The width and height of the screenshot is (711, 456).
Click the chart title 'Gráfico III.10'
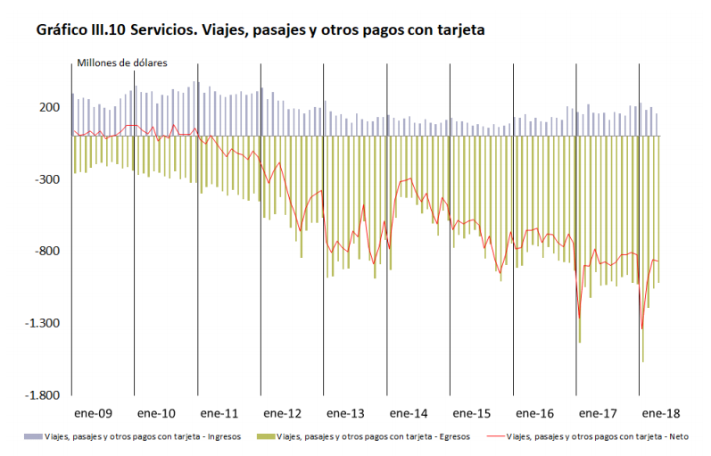pyautogui.click(x=260, y=30)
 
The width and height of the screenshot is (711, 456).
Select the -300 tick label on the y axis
pyautogui.click(x=47, y=179)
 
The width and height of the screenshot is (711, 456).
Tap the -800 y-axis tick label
pyautogui.click(x=47, y=251)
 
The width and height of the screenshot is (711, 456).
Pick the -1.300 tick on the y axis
pyautogui.click(x=44, y=323)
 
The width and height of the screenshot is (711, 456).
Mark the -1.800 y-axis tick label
pyautogui.click(x=44, y=395)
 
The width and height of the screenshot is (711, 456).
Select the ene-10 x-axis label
pyautogui.click(x=156, y=414)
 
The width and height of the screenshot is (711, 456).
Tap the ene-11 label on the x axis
pyautogui.click(x=219, y=414)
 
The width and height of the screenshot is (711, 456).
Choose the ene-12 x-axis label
pyautogui.click(x=283, y=414)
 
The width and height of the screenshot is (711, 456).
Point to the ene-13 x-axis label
pyautogui.click(x=345, y=414)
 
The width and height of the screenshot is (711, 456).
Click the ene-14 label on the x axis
pyautogui.click(x=409, y=414)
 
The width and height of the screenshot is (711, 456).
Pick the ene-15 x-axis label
pyautogui.click(x=472, y=414)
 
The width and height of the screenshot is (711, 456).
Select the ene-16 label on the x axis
pyautogui.click(x=535, y=414)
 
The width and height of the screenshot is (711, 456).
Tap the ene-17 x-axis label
pyautogui.click(x=598, y=414)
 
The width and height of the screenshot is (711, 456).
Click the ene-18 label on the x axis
pyautogui.click(x=661, y=414)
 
